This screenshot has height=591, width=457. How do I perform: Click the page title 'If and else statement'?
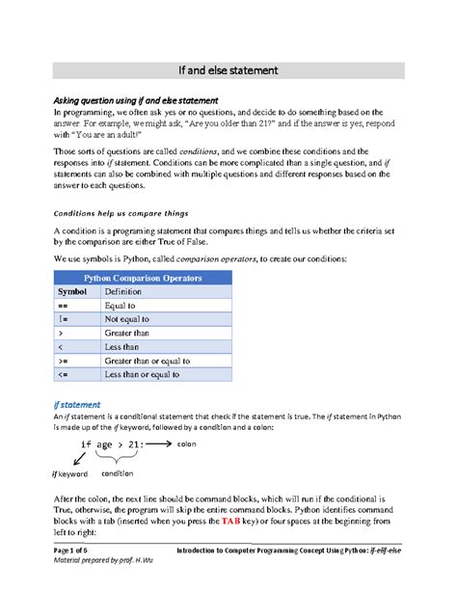coord(228,70)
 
